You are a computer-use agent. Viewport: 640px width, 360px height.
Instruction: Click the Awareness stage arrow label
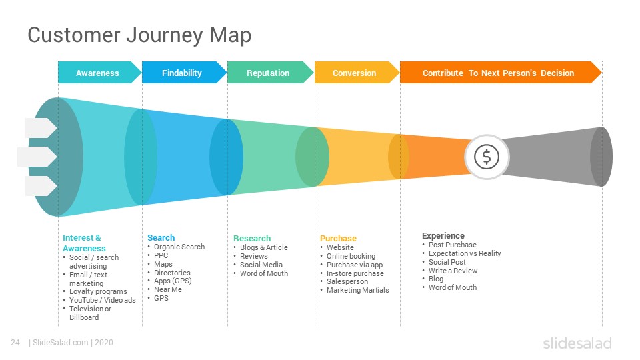coord(97,73)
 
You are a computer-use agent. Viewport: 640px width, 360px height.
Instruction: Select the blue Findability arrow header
coord(184,73)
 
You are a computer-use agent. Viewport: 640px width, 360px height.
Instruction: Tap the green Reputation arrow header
coord(270,73)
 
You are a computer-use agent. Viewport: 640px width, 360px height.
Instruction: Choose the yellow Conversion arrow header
coord(357,73)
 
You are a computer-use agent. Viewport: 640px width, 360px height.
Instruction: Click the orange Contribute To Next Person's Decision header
coord(501,73)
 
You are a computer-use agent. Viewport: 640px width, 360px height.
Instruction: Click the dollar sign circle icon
coord(487,157)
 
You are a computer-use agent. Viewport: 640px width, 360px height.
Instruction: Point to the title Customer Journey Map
coord(139,35)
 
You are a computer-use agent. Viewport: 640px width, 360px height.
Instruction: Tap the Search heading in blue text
coord(161,237)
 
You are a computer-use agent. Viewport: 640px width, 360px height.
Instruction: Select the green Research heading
coord(252,239)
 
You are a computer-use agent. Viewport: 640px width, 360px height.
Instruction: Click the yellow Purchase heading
coord(338,239)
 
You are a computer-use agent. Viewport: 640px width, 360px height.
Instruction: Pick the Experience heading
coord(443,235)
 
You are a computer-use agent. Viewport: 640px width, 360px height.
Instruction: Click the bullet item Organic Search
coord(179,247)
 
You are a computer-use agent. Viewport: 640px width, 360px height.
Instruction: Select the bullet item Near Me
coord(168,289)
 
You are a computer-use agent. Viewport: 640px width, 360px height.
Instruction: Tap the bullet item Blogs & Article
coord(264,247)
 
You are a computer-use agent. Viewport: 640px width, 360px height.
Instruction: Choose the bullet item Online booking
coord(351,256)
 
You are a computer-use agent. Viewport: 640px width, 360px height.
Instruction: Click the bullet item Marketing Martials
coord(357,290)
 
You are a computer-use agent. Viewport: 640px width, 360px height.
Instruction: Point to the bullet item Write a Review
coord(453,271)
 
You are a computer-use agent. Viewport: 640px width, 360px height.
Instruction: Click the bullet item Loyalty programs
coord(98,291)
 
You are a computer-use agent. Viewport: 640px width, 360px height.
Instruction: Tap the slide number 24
coord(15,343)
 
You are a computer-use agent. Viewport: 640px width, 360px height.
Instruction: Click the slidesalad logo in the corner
coord(577,343)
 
